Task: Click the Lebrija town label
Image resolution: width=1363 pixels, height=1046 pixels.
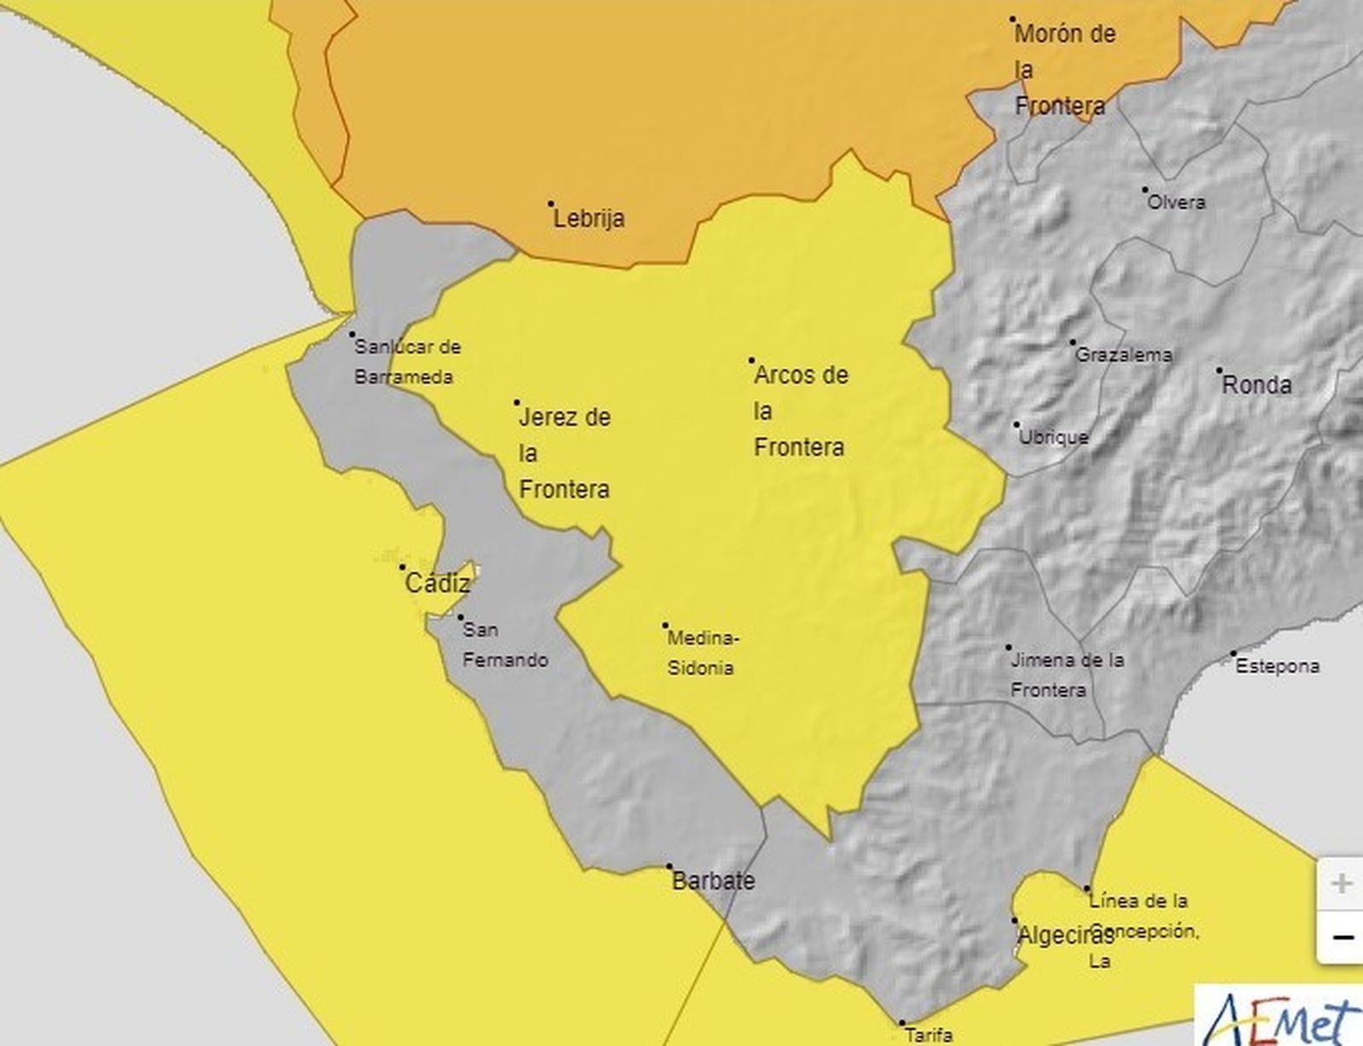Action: pyautogui.click(x=589, y=218)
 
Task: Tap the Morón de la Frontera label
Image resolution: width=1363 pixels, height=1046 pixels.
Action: pyautogui.click(x=1063, y=70)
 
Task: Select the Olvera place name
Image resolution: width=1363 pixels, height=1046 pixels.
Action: pyautogui.click(x=1176, y=203)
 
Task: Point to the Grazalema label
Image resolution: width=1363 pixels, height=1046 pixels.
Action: pyautogui.click(x=1124, y=355)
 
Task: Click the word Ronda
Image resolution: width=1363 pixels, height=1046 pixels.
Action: pyautogui.click(x=1257, y=385)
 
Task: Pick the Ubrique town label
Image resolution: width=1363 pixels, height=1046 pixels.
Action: pyautogui.click(x=1054, y=437)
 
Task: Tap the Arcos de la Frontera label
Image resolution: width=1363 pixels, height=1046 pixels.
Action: pyautogui.click(x=800, y=411)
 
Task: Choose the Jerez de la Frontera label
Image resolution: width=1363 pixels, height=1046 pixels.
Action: pyautogui.click(x=565, y=453)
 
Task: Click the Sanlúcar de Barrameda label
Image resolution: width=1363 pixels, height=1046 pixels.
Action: pyautogui.click(x=405, y=361)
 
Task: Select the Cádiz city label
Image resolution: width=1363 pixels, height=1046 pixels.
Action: pyautogui.click(x=438, y=583)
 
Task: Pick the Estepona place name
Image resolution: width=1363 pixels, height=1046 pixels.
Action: pyautogui.click(x=1277, y=666)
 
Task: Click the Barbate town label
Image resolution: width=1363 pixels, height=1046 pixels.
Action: pyautogui.click(x=713, y=880)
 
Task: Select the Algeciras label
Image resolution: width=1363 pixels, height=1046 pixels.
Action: pyautogui.click(x=1066, y=935)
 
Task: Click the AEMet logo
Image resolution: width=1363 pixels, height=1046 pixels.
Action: pyautogui.click(x=1281, y=1019)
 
